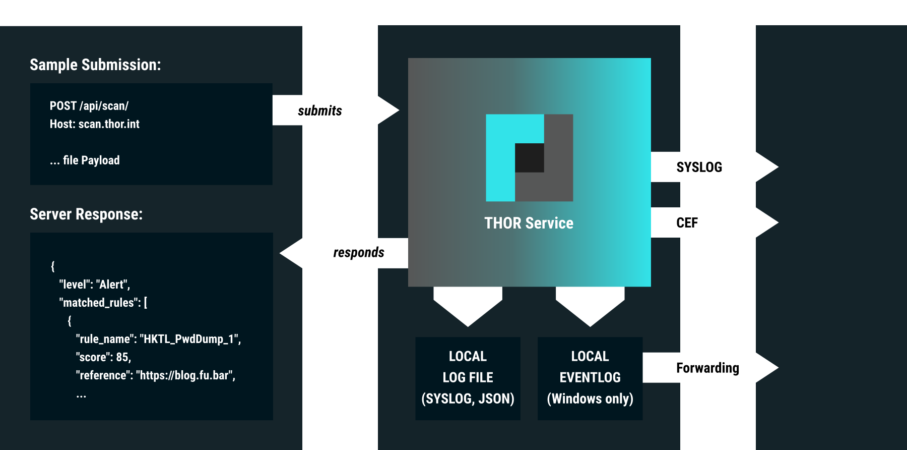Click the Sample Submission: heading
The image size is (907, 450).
pos(95,65)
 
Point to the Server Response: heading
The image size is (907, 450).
pos(86,214)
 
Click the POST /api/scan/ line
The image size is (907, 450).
pos(89,106)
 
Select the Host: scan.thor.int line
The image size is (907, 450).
pos(95,124)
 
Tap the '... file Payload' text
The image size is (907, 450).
pos(85,160)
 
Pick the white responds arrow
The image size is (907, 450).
pos(348,253)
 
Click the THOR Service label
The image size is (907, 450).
pos(529,223)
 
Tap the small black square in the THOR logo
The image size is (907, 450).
pos(529,158)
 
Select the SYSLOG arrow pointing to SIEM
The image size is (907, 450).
pos(710,167)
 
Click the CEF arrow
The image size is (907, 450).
pos(710,222)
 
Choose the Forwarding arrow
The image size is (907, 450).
pos(708,368)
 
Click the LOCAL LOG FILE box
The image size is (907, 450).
pos(468,378)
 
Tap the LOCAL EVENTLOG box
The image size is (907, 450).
pos(590,378)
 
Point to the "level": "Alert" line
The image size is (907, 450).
pos(95,285)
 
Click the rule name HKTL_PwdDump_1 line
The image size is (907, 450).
pos(158,339)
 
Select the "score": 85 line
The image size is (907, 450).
pos(103,357)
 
